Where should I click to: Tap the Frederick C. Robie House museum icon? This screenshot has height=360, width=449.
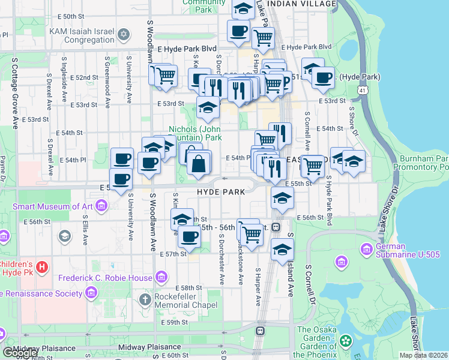[161, 277]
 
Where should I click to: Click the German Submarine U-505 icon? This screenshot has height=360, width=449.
[366, 248]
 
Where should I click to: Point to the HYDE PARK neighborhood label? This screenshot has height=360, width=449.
[221, 191]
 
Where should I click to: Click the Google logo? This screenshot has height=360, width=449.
[20, 353]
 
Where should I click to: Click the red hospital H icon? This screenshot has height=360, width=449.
[41, 266]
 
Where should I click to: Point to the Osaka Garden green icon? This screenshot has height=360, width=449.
[345, 341]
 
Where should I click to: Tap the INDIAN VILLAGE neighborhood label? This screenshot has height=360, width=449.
[301, 4]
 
